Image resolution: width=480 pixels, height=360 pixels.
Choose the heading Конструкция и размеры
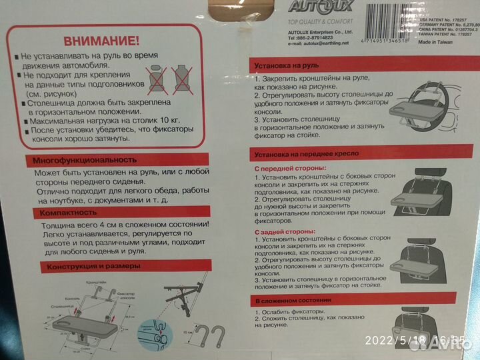pos(84,266)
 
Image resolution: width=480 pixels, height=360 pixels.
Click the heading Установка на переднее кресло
pos(307,153)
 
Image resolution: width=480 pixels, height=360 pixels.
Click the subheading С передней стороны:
pos(290,169)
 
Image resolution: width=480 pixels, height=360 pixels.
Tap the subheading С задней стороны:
pos(287,231)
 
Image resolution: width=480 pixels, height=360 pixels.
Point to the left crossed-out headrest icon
pos(157,77)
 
